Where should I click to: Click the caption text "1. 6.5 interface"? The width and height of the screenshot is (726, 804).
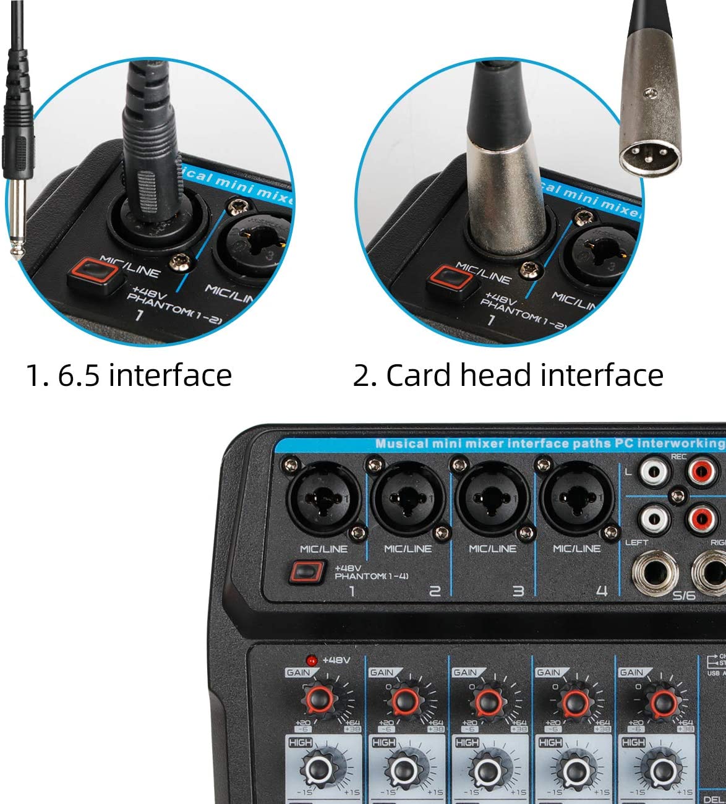(x=129, y=375)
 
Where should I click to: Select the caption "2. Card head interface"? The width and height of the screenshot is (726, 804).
(x=508, y=375)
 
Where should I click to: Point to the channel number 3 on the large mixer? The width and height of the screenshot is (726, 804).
(x=518, y=591)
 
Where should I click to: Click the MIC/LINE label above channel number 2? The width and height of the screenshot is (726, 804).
(x=408, y=549)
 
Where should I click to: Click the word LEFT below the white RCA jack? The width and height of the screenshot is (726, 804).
(x=636, y=542)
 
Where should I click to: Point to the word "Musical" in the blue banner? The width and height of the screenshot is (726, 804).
(x=401, y=443)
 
